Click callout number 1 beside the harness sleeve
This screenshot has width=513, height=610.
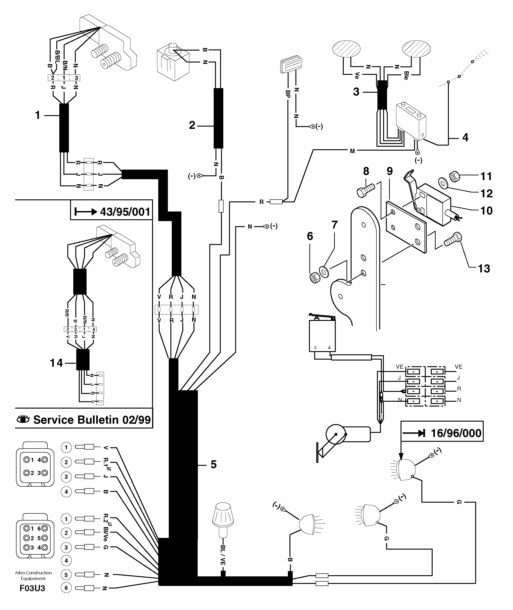pos(38,115)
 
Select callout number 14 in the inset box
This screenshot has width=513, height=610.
pos(56,363)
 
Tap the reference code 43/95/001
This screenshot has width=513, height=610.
pos(125,212)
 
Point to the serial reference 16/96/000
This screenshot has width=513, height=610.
pos(456,433)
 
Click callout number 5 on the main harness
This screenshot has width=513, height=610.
pos(213,464)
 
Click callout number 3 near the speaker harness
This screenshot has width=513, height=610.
pos(356,92)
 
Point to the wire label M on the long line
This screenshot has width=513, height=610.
pos(352,151)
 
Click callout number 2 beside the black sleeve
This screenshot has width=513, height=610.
pos(192,125)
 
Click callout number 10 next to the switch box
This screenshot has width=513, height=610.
pos(486,210)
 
